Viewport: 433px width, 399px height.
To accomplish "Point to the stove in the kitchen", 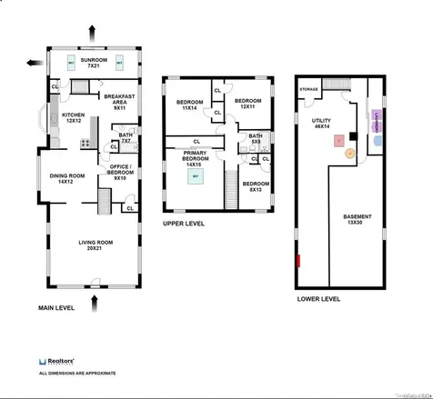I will (x=85, y=142).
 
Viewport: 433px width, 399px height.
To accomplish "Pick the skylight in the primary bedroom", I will (x=195, y=178).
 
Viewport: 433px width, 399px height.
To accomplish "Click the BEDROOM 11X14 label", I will (x=188, y=105).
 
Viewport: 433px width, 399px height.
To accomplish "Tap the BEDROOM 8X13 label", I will (x=255, y=185).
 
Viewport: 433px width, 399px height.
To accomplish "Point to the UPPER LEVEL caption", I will (x=183, y=224).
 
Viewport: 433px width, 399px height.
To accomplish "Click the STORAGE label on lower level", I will (x=309, y=89).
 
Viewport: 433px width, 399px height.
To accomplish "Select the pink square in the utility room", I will (x=338, y=141).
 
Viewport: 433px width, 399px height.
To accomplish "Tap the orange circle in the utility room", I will (x=348, y=154).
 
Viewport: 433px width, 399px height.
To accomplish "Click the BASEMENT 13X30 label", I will (x=357, y=219).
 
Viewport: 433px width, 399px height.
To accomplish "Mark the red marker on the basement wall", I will (x=297, y=262).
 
